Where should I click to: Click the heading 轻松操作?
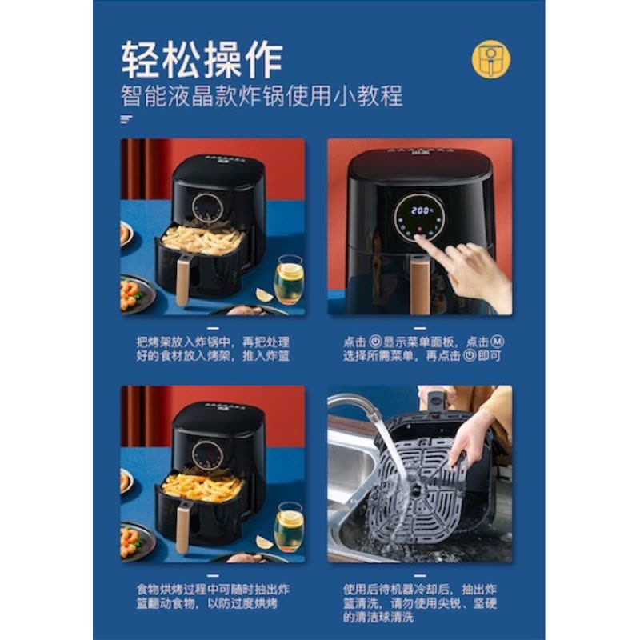point(202,59)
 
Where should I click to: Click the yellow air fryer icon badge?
point(491,58)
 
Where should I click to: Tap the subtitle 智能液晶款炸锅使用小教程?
point(262,96)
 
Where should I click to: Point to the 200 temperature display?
point(421,210)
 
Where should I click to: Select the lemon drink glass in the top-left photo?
point(289,279)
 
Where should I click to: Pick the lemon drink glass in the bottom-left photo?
point(289,527)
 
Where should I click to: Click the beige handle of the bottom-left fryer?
point(183,528)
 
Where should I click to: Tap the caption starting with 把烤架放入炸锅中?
point(213,349)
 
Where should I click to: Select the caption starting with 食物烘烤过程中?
point(213,596)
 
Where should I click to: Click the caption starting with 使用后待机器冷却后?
point(419,603)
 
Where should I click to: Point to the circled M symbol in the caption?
point(497,342)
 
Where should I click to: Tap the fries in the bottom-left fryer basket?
point(203,487)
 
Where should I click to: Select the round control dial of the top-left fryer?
point(208,208)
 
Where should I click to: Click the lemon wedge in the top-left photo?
point(265,294)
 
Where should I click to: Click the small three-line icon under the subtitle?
point(126,119)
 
